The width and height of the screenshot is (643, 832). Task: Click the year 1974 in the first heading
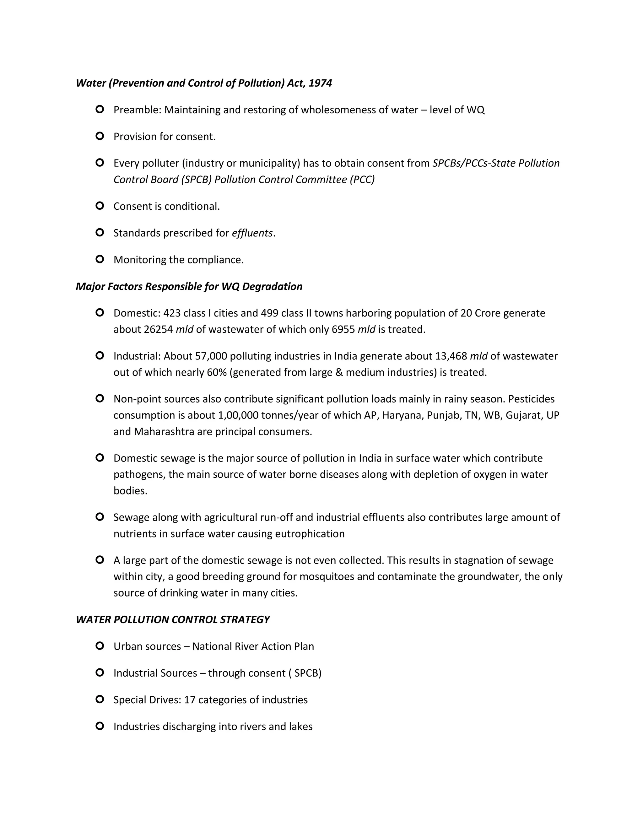point(320,83)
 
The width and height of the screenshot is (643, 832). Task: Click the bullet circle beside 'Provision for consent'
point(100,136)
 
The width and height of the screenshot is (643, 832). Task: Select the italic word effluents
point(252,233)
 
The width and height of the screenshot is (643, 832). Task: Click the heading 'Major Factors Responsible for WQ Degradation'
point(189,286)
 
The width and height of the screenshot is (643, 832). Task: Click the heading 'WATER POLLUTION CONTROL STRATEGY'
point(173,619)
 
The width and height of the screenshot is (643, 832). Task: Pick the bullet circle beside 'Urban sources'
point(100,646)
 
